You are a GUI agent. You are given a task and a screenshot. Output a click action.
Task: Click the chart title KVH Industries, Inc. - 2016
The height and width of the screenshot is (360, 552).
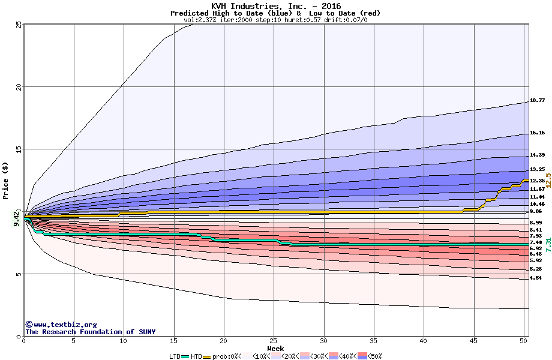pyautogui.click(x=276, y=6)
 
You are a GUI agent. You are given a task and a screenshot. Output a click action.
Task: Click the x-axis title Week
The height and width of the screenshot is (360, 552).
pyautogui.click(x=275, y=349)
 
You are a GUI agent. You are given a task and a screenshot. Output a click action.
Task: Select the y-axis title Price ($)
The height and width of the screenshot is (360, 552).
pyautogui.click(x=5, y=181)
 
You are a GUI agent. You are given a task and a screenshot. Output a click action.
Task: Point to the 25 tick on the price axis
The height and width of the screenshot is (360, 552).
pyautogui.click(x=19, y=24)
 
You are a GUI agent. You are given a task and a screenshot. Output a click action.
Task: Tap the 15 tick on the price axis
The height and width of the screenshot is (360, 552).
pyautogui.click(x=19, y=149)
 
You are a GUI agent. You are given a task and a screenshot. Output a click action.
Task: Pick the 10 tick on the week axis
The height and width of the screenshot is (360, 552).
pyautogui.click(x=124, y=341)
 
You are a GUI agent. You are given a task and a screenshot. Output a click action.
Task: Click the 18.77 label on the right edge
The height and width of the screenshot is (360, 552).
pyautogui.click(x=537, y=100)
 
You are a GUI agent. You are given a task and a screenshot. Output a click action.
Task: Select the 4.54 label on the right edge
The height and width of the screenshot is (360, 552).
pyautogui.click(x=536, y=278)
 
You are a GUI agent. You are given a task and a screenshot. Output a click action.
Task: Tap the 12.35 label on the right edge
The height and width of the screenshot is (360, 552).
pyautogui.click(x=537, y=181)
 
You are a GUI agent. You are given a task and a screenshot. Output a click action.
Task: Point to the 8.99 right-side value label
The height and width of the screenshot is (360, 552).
pyautogui.click(x=536, y=223)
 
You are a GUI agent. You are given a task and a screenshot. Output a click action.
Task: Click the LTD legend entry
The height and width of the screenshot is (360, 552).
pyautogui.click(x=175, y=356)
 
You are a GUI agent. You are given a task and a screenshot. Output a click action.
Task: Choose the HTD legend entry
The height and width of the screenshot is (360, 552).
pyautogui.click(x=197, y=356)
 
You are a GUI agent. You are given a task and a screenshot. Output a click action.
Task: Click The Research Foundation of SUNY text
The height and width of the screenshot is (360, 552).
pyautogui.click(x=90, y=332)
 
